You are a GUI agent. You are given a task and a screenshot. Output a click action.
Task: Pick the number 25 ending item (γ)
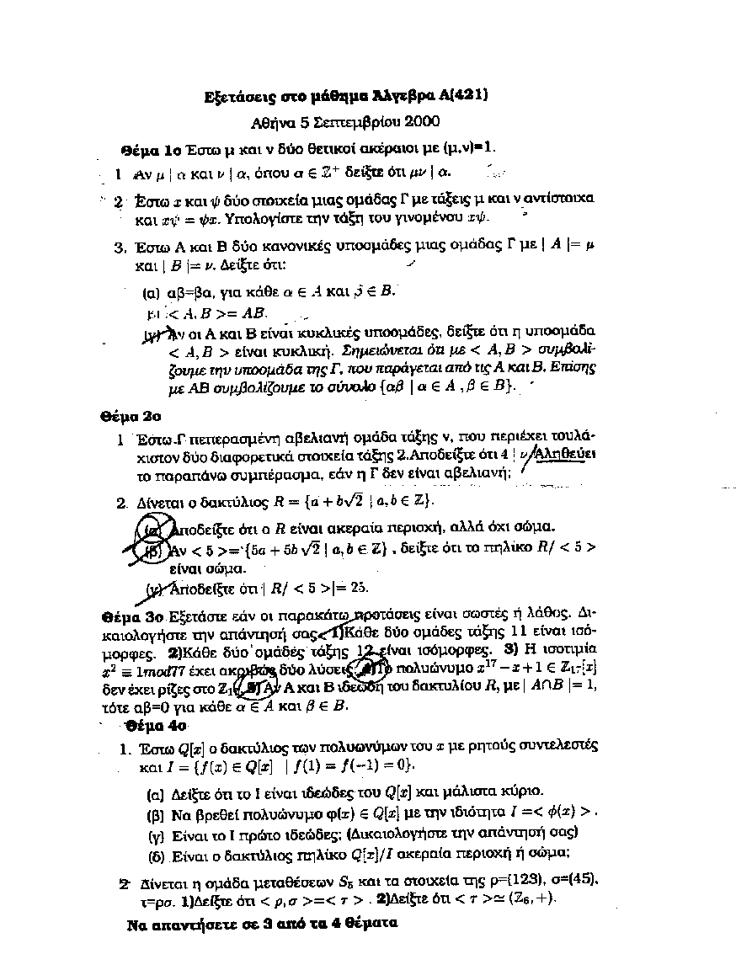coord(359,588)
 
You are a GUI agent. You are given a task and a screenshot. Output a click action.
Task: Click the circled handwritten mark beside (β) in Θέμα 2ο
coord(152,552)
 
